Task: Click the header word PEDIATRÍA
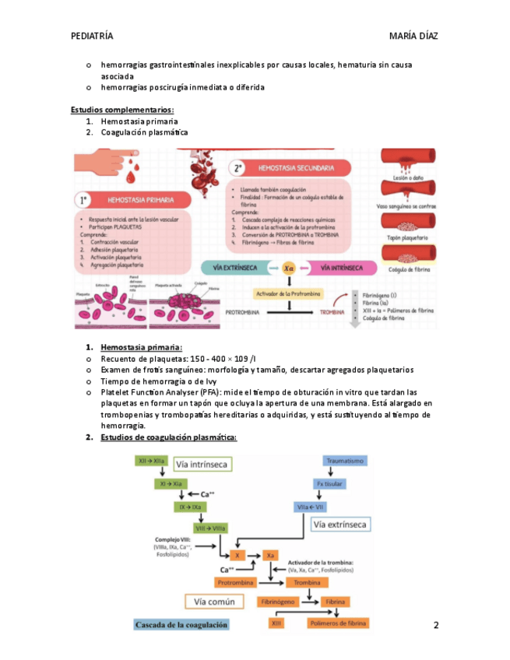point(92,36)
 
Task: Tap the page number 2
point(436,625)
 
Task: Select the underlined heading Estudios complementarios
point(122,110)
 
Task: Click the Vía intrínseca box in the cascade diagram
point(201,465)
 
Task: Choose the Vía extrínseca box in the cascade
point(339,525)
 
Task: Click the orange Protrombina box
point(236,582)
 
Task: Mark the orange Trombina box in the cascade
point(308,582)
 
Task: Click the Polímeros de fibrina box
point(337,623)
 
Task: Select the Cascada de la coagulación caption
point(181,624)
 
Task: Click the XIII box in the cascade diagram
point(276,623)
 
